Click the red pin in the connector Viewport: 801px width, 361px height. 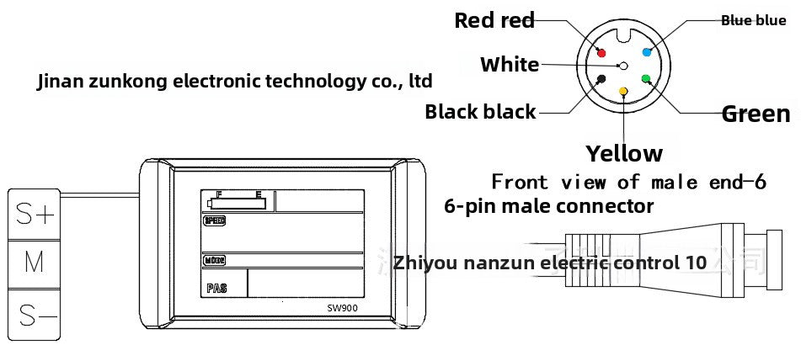[x=601, y=52]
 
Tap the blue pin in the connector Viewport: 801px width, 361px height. [x=647, y=51]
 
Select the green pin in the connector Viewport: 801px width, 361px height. [x=645, y=79]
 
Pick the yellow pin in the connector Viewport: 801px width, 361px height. [x=623, y=91]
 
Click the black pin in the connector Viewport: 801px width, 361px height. [x=601, y=79]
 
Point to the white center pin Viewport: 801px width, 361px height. [x=623, y=65]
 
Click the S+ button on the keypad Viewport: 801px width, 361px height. [x=35, y=215]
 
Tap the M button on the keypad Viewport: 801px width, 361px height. [x=35, y=263]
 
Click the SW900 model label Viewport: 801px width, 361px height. [x=343, y=307]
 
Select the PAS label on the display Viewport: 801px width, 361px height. [x=216, y=288]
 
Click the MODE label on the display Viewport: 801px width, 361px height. [x=214, y=260]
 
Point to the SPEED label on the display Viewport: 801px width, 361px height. [x=215, y=221]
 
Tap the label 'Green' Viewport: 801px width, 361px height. [x=756, y=114]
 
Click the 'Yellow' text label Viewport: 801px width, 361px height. [x=624, y=153]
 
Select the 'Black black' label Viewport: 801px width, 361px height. [x=480, y=111]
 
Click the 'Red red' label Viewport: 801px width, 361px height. [x=494, y=20]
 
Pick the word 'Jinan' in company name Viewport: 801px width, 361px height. [x=61, y=82]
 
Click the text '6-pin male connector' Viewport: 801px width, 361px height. [x=548, y=206]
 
